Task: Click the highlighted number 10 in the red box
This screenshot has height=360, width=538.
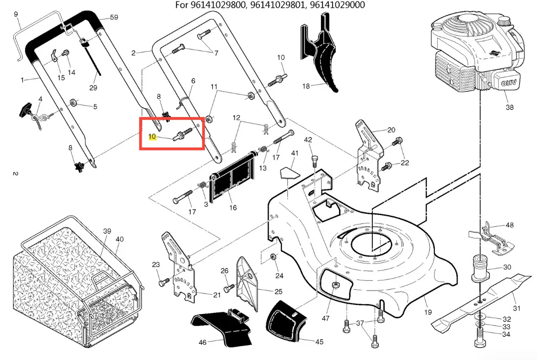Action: click(x=152, y=137)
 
